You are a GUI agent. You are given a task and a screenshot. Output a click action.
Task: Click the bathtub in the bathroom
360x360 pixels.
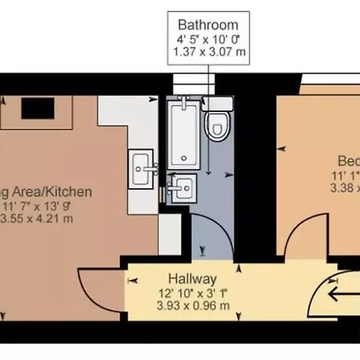pos(183,132)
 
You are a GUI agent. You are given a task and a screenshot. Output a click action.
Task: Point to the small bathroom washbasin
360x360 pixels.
pos(182,188)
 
